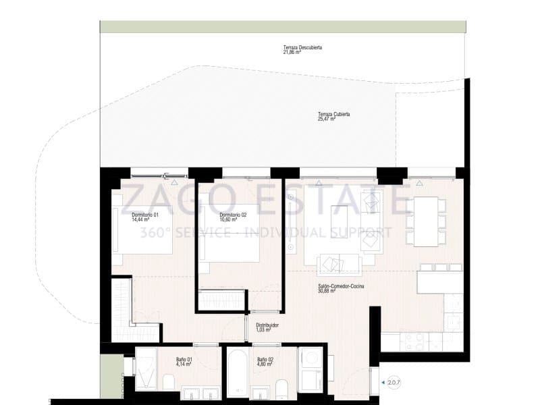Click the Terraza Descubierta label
click(x=302, y=50)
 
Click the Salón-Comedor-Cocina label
click(x=341, y=288)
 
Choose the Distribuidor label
click(x=267, y=327)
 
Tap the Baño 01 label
click(x=184, y=361)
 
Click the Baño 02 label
click(x=264, y=361)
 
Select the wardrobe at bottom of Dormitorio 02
click(x=221, y=299)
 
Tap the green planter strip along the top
click(x=282, y=26)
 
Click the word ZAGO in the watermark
click(x=169, y=200)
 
